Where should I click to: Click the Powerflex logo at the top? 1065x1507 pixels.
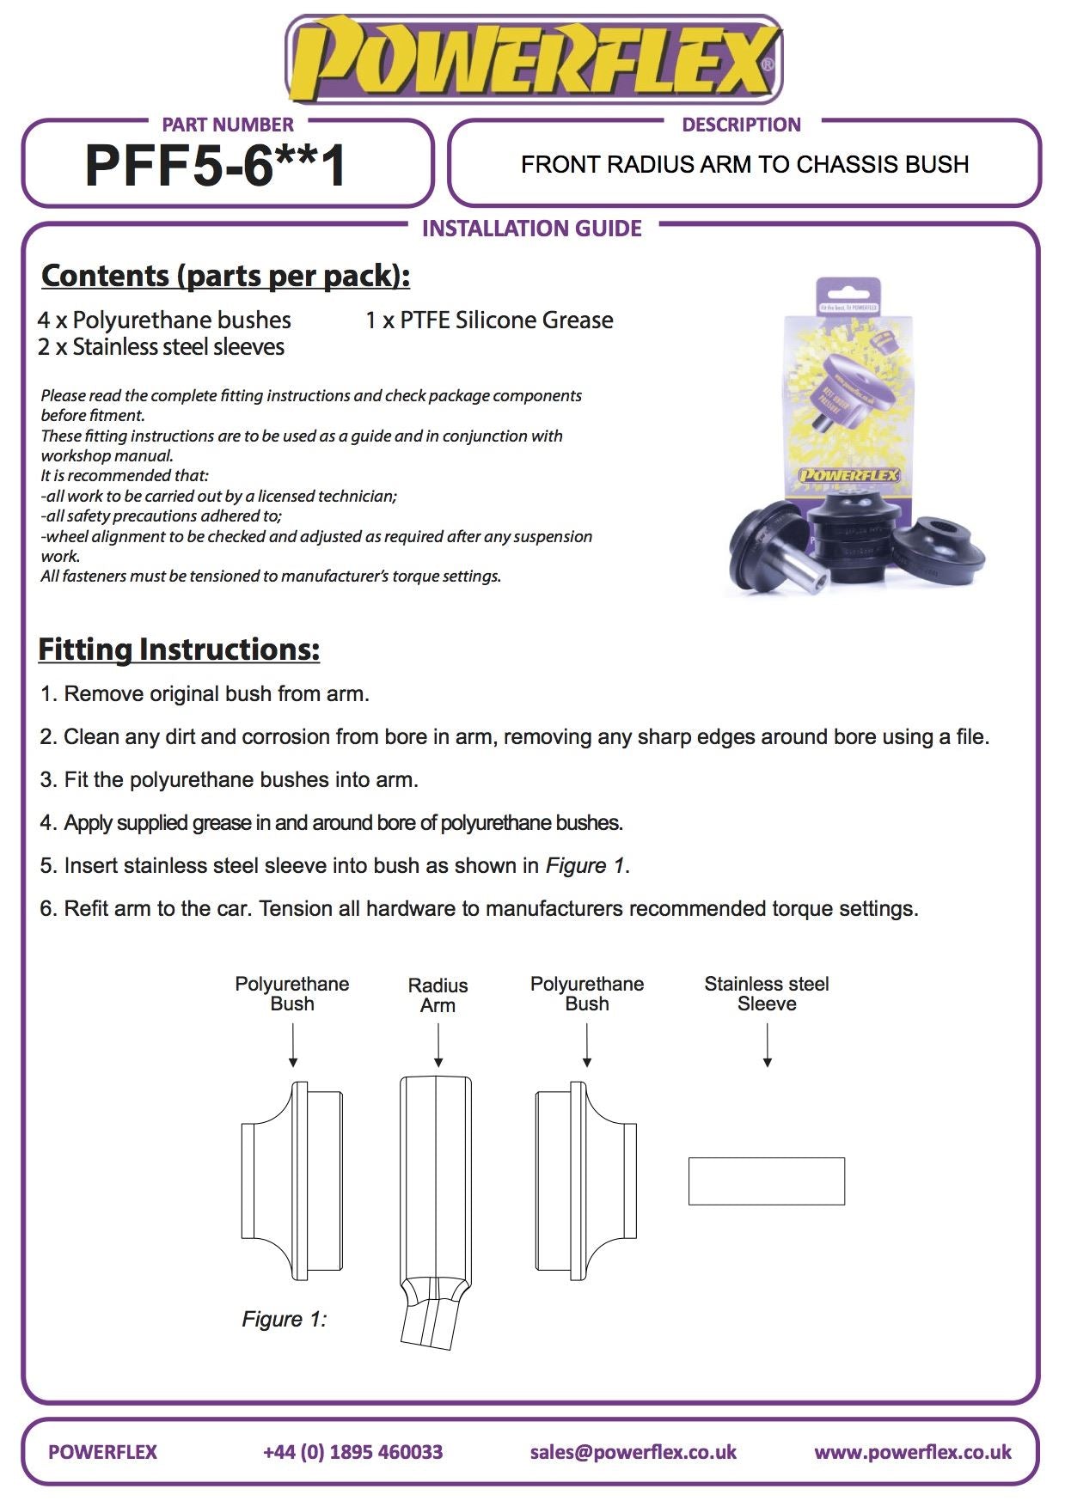(x=533, y=58)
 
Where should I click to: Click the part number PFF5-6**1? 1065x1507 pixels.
(x=215, y=165)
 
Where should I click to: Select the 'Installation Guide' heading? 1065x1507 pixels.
(x=531, y=229)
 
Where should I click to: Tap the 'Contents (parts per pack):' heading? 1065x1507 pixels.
(x=225, y=276)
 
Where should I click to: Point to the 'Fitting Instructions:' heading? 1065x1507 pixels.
(x=179, y=650)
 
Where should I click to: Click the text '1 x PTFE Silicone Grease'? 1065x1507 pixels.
(x=489, y=320)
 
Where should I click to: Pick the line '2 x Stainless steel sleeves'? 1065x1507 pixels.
(x=161, y=347)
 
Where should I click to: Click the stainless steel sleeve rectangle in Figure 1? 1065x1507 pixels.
(x=766, y=1181)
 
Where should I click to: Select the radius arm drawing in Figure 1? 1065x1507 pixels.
(x=435, y=1194)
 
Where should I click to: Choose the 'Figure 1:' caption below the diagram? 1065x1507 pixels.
(x=284, y=1319)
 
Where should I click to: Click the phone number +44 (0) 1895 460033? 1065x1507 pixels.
(x=352, y=1452)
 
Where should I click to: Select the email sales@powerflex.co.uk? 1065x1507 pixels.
(x=633, y=1452)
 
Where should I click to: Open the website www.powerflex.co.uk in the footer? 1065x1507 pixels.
(x=912, y=1452)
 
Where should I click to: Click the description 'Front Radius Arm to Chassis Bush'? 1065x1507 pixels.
(x=744, y=165)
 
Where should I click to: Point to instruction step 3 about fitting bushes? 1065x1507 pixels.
(x=230, y=780)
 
